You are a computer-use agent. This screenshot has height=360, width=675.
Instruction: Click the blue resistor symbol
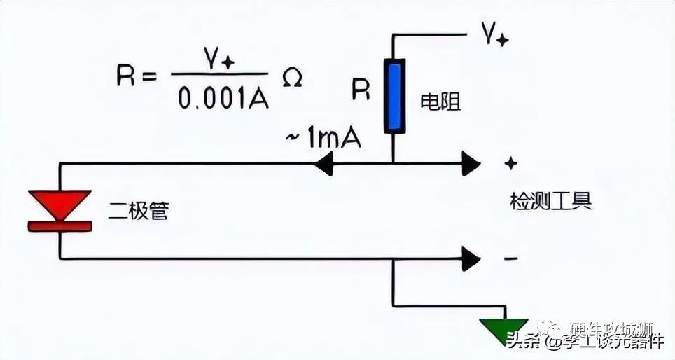394,96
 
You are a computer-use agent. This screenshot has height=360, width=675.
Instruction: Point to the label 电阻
440,102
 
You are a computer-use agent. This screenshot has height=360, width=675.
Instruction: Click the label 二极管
139,211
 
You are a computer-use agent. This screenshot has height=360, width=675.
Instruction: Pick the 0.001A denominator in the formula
223,99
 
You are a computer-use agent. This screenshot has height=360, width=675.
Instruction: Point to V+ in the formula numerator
218,60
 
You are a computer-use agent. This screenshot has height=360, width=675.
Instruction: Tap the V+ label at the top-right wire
494,34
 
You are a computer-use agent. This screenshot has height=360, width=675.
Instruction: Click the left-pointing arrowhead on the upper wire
323,165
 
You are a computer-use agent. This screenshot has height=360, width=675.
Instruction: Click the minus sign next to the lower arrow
511,259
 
